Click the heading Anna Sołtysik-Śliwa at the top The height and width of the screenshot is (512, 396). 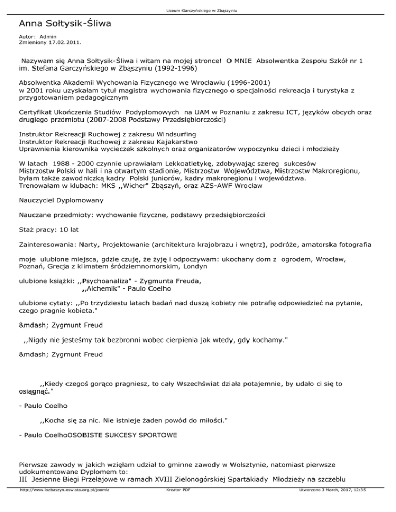coord(65,24)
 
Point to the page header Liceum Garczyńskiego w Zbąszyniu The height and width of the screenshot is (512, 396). coord(197,10)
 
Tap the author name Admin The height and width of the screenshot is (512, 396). coord(47,37)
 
